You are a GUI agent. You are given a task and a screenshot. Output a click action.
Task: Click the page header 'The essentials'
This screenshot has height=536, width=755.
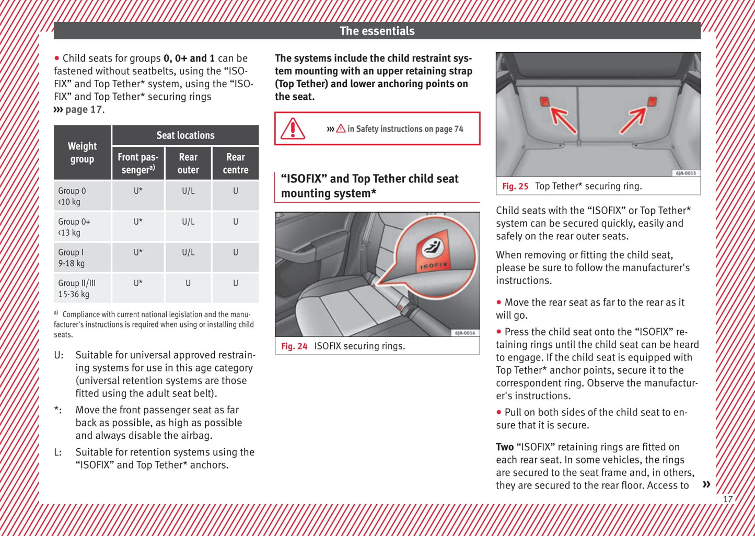377,31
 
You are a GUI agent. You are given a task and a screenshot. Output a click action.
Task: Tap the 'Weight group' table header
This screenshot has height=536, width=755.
82,153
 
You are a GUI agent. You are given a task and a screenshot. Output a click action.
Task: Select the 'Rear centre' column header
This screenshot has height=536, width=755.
236,164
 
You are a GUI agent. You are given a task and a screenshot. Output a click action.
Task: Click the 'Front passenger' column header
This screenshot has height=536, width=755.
138,164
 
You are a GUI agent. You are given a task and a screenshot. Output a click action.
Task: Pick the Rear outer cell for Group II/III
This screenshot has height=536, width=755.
188,283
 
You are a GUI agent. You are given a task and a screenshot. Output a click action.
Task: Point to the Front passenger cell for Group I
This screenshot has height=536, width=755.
138,252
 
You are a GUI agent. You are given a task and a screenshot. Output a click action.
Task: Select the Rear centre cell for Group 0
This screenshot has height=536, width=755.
236,191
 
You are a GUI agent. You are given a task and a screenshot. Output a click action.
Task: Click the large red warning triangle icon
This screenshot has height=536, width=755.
293,129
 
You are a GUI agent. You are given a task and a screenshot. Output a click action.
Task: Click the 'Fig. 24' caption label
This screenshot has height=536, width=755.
294,346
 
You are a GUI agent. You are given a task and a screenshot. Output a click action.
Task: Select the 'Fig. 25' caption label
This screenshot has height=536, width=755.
515,186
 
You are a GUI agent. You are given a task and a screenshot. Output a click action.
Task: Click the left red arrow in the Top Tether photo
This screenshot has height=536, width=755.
563,120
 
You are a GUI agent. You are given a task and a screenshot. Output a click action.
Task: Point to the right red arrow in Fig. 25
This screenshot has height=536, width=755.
633,120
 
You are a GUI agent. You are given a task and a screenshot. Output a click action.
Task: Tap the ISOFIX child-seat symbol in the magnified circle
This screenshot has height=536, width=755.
432,247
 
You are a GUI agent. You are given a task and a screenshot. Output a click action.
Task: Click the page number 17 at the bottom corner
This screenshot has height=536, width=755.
728,499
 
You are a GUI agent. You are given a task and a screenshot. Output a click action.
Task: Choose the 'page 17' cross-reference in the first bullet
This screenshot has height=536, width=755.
84,109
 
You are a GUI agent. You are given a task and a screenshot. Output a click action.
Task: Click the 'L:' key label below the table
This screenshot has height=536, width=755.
58,452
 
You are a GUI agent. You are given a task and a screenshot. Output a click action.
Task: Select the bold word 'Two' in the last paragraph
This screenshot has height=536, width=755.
505,447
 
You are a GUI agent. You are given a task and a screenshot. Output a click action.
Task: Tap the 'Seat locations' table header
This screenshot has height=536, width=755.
185,135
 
